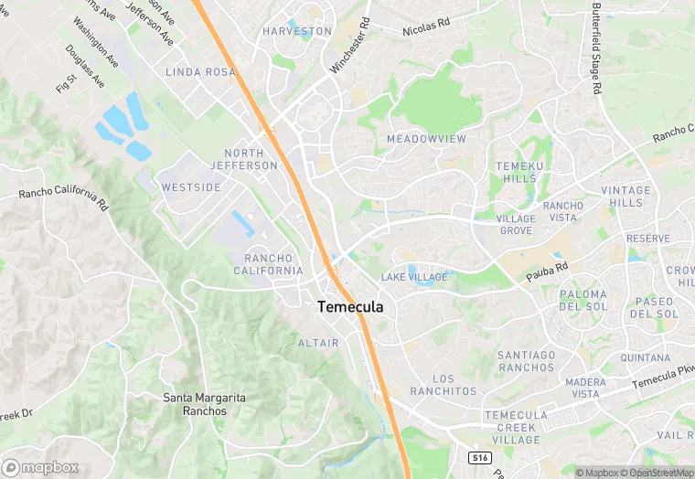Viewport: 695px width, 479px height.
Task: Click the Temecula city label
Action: pyautogui.click(x=350, y=308)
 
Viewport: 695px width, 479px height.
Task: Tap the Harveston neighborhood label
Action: pyautogui.click(x=297, y=31)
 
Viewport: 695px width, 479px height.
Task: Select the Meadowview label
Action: pyautogui.click(x=426, y=139)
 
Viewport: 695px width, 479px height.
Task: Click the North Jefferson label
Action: pyautogui.click(x=244, y=159)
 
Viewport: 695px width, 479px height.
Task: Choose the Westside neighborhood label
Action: pyautogui.click(x=191, y=187)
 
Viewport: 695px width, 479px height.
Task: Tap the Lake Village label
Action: pyautogui.click(x=414, y=277)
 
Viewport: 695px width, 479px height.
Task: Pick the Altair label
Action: pyautogui.click(x=318, y=343)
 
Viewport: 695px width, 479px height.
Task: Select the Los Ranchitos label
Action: pyautogui.click(x=443, y=385)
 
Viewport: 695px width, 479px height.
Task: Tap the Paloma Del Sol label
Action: pyautogui.click(x=583, y=301)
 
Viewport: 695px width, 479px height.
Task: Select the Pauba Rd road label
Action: pyautogui.click(x=547, y=271)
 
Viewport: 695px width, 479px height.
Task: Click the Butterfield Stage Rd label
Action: pyautogui.click(x=596, y=48)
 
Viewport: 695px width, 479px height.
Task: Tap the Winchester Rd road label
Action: pyautogui.click(x=351, y=46)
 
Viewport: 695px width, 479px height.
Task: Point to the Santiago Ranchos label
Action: pyautogui.click(x=527, y=361)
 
